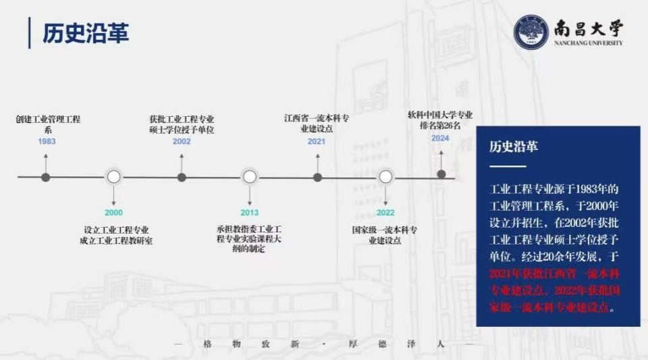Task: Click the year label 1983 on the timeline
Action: pos(47,141)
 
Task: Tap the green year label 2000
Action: pos(113,213)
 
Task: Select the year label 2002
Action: pos(182,141)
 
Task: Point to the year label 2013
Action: pos(249,213)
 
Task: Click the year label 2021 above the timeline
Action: pos(316,141)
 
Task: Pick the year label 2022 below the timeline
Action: pos(385,213)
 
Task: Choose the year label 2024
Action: pos(440,138)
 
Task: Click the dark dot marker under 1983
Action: pos(46,178)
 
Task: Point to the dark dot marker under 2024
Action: pos(441,174)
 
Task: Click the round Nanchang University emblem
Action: pos(531,32)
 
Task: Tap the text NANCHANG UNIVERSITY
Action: pos(588,43)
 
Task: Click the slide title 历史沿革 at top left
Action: pos(86,33)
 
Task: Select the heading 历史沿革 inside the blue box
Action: pos(513,147)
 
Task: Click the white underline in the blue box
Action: pos(508,166)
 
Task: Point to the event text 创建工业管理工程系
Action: pos(48,124)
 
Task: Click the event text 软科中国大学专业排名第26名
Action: pos(440,120)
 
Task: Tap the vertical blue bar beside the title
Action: pos(29,32)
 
